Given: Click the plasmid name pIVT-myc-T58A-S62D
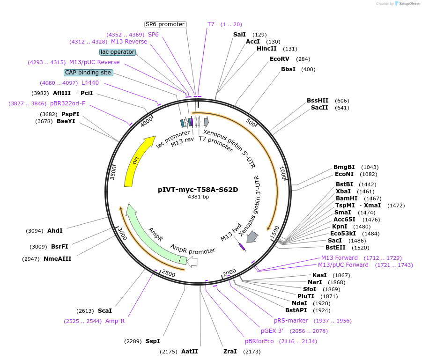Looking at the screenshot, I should [x=198, y=190].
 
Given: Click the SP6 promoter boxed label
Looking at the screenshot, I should [x=165, y=24].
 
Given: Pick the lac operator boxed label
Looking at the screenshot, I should [x=118, y=52].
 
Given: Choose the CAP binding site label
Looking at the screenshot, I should [x=88, y=73].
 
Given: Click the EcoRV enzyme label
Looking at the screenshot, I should [x=279, y=59].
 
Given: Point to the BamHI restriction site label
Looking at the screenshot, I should [x=345, y=198].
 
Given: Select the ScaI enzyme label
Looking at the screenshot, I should [x=105, y=311].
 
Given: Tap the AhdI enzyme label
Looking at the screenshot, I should [x=55, y=231].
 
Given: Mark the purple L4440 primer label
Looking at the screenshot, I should [x=90, y=83].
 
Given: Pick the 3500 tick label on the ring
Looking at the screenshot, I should [x=113, y=172].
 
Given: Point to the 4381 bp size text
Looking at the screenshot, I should [x=198, y=197].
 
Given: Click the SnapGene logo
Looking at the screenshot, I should [x=407, y=4].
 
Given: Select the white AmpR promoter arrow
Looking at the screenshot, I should [x=192, y=262].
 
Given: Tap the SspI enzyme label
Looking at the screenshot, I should [x=153, y=341].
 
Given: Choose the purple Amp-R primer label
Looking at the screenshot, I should [x=115, y=321].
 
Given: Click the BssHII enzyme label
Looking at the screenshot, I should [x=318, y=101].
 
